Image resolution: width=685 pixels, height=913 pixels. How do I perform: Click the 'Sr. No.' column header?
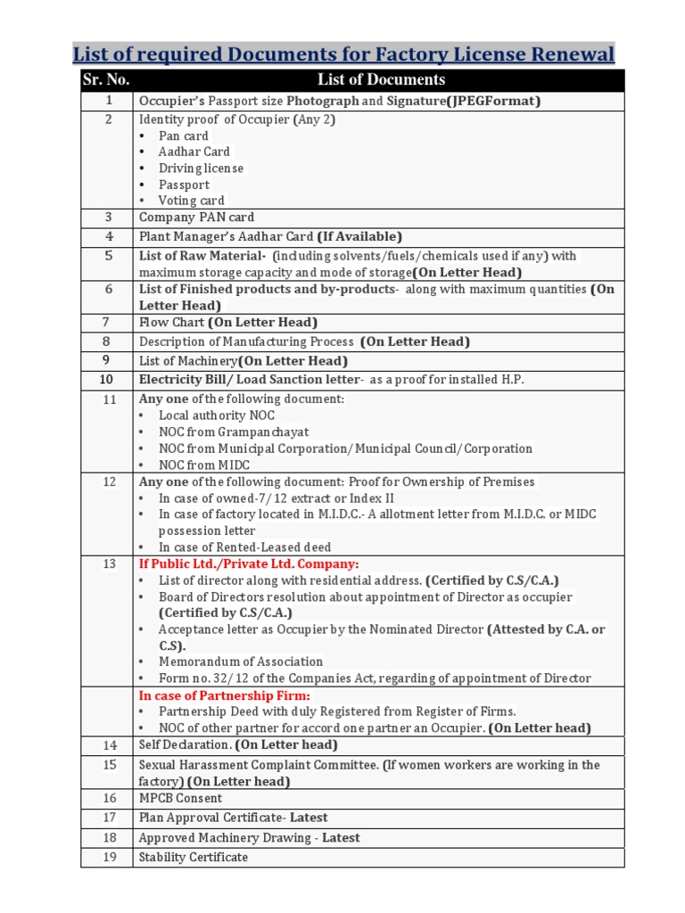pyautogui.click(x=106, y=80)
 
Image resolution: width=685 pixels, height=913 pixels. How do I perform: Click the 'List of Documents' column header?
pyautogui.click(x=381, y=80)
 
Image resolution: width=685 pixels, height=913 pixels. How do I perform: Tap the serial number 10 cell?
pyautogui.click(x=106, y=380)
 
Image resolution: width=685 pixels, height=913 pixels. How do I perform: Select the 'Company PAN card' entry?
pyautogui.click(x=196, y=218)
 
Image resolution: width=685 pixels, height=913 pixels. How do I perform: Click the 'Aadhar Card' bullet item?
pyautogui.click(x=194, y=152)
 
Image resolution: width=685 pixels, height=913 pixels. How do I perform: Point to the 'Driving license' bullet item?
pyautogui.click(x=201, y=169)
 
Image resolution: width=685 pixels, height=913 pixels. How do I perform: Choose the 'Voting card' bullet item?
pyautogui.click(x=191, y=201)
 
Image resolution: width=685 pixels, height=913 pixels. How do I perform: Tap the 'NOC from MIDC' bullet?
pyautogui.click(x=204, y=465)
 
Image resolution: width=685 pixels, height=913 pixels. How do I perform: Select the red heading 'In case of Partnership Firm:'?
pyautogui.click(x=224, y=695)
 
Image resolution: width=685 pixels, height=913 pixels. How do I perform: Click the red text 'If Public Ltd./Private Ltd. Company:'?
pyautogui.click(x=249, y=564)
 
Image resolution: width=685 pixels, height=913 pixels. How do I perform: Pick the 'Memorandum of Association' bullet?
pyautogui.click(x=241, y=662)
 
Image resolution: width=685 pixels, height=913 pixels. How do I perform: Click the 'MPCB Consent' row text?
pyautogui.click(x=180, y=799)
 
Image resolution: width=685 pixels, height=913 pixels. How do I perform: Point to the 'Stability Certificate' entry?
pyautogui.click(x=194, y=858)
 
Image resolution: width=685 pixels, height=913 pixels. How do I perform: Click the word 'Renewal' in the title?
pyautogui.click(x=563, y=54)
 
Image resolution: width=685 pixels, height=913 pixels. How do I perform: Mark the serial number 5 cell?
pyautogui.click(x=108, y=256)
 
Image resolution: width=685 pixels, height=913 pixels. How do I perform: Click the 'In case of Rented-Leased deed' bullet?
pyautogui.click(x=244, y=547)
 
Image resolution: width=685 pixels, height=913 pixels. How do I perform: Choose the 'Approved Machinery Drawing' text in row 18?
pyautogui.click(x=227, y=838)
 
